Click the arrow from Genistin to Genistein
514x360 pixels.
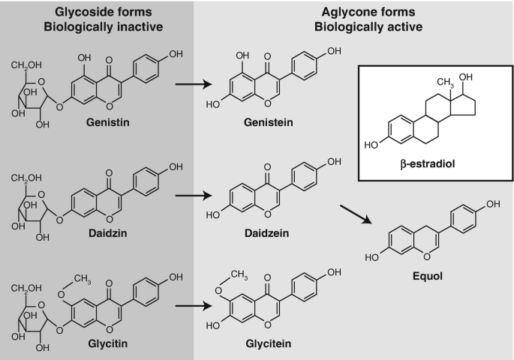(x=193, y=83)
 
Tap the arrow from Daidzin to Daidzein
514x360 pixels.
(x=193, y=199)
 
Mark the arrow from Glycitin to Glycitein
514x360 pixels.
(x=193, y=305)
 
